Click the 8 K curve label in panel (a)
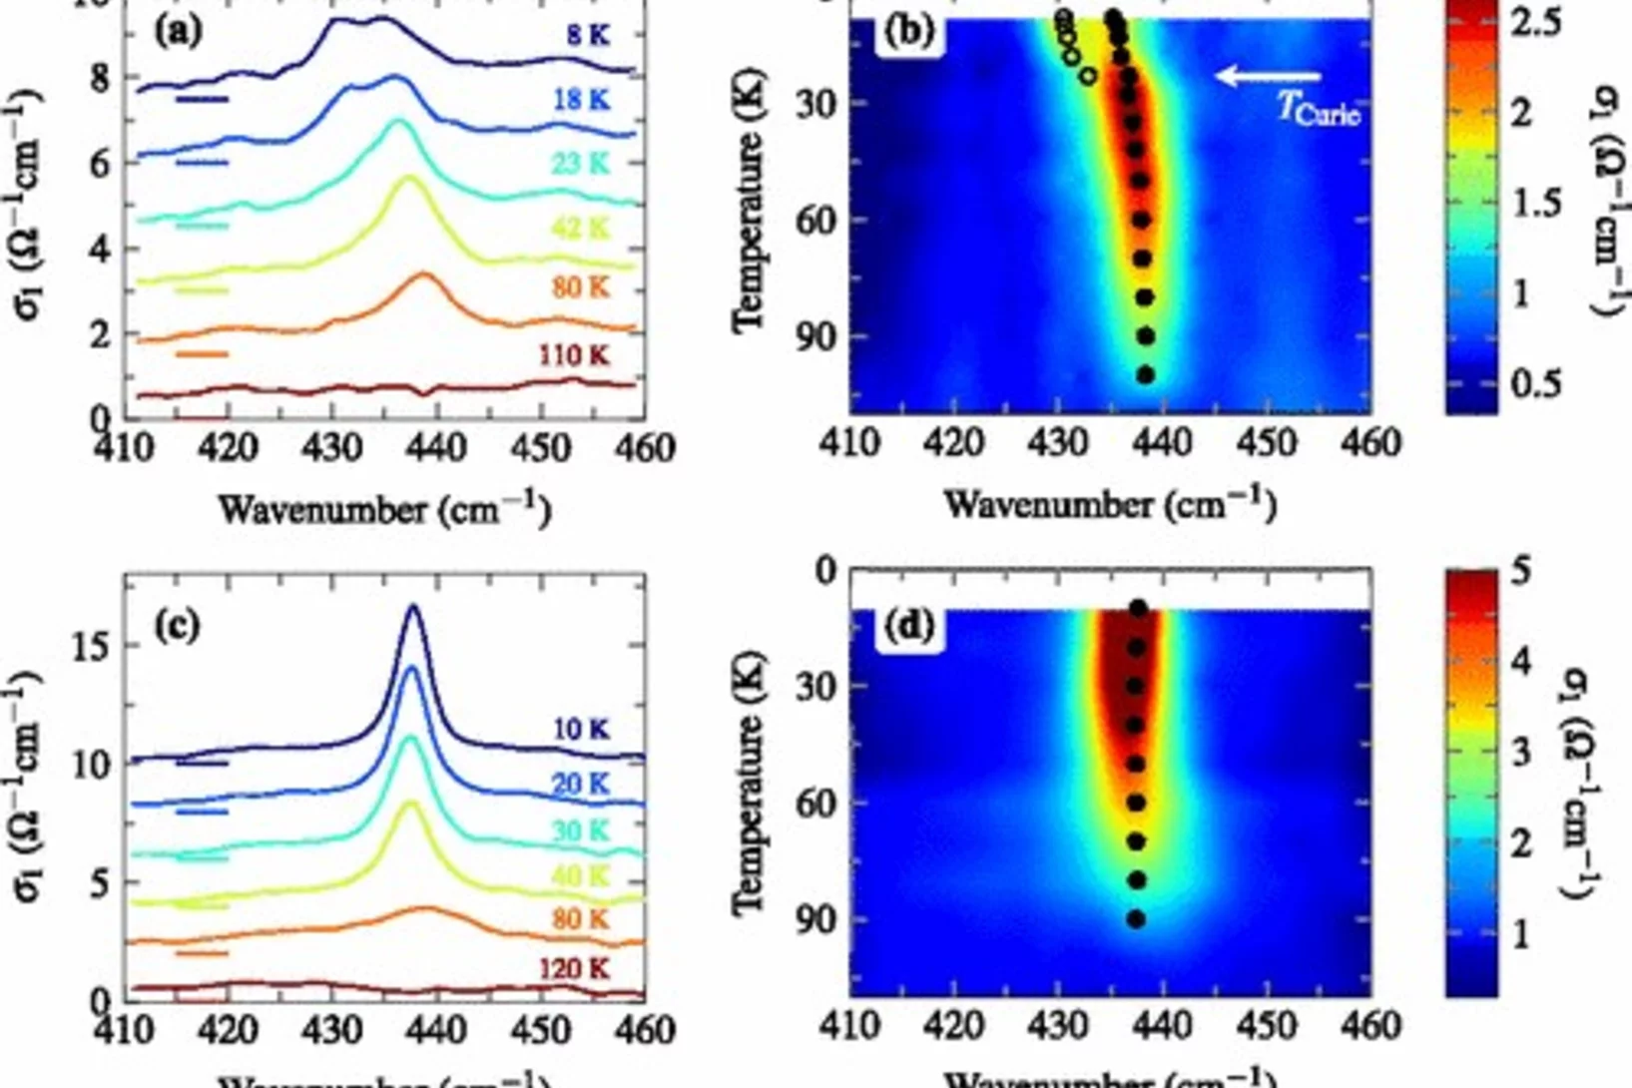[x=587, y=36]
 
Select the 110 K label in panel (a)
[x=574, y=355]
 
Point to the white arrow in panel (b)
[x=1269, y=75]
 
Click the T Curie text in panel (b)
[x=1318, y=108]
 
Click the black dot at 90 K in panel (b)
[x=1146, y=336]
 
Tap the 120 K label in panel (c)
[x=574, y=968]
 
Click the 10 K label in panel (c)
[x=580, y=730]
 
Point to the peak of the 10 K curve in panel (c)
[x=413, y=607]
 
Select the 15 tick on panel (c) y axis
[x=93, y=646]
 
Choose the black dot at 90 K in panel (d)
[x=1136, y=919]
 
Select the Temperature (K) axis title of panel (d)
[x=749, y=784]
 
